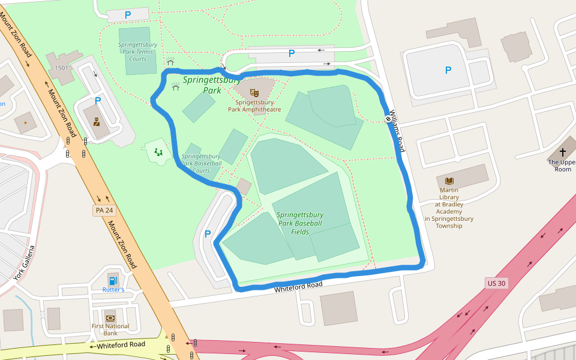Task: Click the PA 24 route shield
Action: pos(104,210)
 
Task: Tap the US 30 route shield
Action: pos(496,283)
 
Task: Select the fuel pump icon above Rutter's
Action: pos(113,280)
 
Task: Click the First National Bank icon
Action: pos(110,317)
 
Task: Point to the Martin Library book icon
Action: pos(449,181)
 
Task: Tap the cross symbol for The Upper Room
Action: pos(563,152)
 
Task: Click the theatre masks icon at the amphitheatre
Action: pos(254,93)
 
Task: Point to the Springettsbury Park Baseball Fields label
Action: pos(300,223)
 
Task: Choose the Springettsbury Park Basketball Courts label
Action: pos(202,163)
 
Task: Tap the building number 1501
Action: pos(62,68)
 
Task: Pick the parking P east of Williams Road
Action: pos(448,70)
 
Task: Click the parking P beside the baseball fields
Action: pos(208,234)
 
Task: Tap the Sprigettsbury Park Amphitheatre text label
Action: pos(254,106)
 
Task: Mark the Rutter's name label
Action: pos(113,290)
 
